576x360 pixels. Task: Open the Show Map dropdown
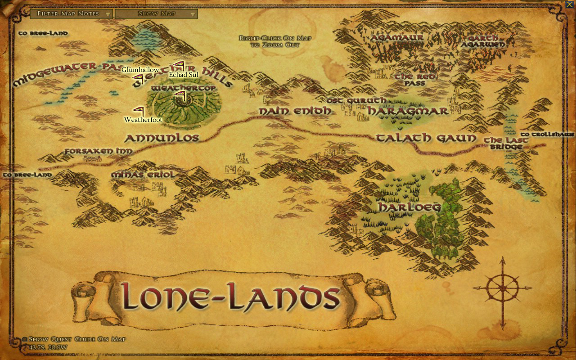click(156, 13)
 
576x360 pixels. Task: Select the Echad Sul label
click(183, 74)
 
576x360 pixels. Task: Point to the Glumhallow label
click(140, 70)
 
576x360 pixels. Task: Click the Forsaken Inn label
click(98, 151)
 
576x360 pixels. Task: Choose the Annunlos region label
click(162, 138)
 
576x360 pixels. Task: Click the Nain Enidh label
click(295, 111)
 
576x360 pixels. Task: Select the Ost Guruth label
click(356, 100)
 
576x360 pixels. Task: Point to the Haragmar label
click(408, 111)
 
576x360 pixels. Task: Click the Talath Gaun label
click(426, 138)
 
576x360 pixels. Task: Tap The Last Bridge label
click(506, 143)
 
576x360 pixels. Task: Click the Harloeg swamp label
click(409, 207)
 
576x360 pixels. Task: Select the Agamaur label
click(396, 38)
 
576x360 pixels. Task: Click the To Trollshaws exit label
click(547, 135)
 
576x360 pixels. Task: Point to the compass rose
click(502, 288)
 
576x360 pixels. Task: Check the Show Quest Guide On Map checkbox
click(25, 339)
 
